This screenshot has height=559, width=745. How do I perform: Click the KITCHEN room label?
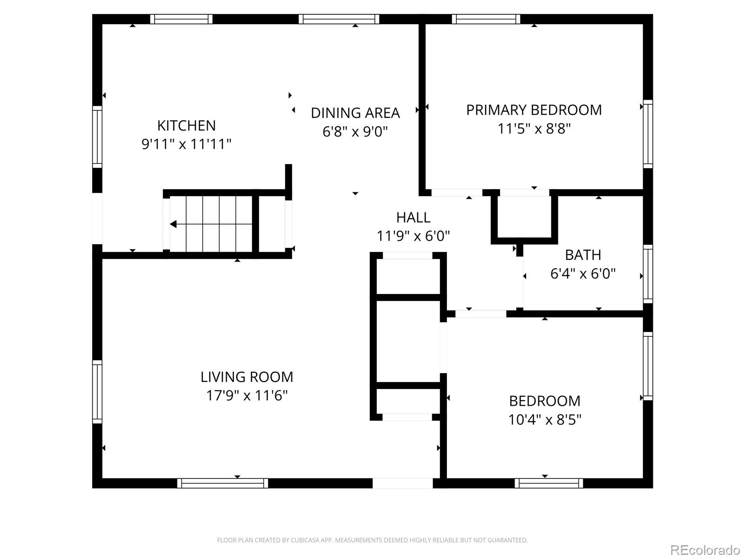coord(186,126)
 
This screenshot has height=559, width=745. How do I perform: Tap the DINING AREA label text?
coord(355,113)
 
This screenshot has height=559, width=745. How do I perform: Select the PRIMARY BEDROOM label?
coord(534,110)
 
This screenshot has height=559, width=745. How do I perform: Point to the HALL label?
coord(413,217)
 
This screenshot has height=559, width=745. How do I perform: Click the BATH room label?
coord(583,255)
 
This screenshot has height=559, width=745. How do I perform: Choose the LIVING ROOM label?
coord(247,377)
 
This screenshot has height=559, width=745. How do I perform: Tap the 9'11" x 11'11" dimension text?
coord(186,144)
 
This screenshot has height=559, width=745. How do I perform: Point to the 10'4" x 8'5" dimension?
coord(545,420)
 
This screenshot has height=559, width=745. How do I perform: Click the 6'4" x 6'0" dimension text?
coord(583,273)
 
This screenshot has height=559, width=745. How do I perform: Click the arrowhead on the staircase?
coord(173,225)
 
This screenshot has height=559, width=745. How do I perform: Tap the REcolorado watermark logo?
coord(705,550)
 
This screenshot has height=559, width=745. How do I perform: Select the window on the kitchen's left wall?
coord(97,137)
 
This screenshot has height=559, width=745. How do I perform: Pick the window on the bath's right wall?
coord(648,274)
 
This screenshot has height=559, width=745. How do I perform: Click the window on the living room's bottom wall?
coord(223,483)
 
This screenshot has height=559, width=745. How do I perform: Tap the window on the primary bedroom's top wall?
coord(486,19)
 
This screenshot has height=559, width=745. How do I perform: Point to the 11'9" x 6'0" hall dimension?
coord(413,236)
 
